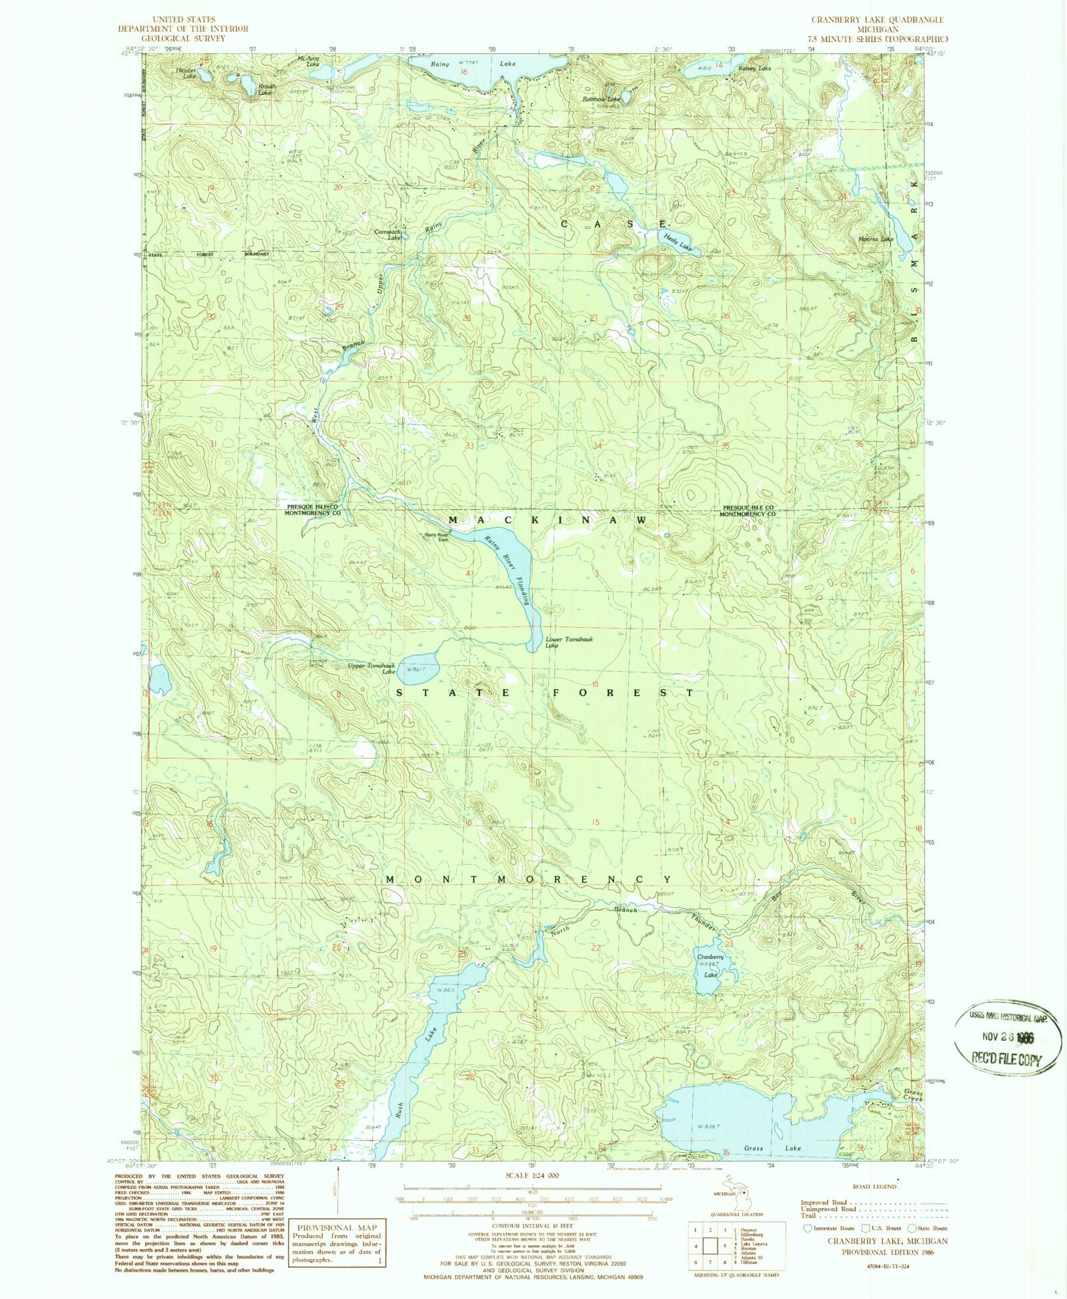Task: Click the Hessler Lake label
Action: [x=185, y=73]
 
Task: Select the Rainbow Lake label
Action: [x=601, y=99]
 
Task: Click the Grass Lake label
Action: [x=763, y=1148]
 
